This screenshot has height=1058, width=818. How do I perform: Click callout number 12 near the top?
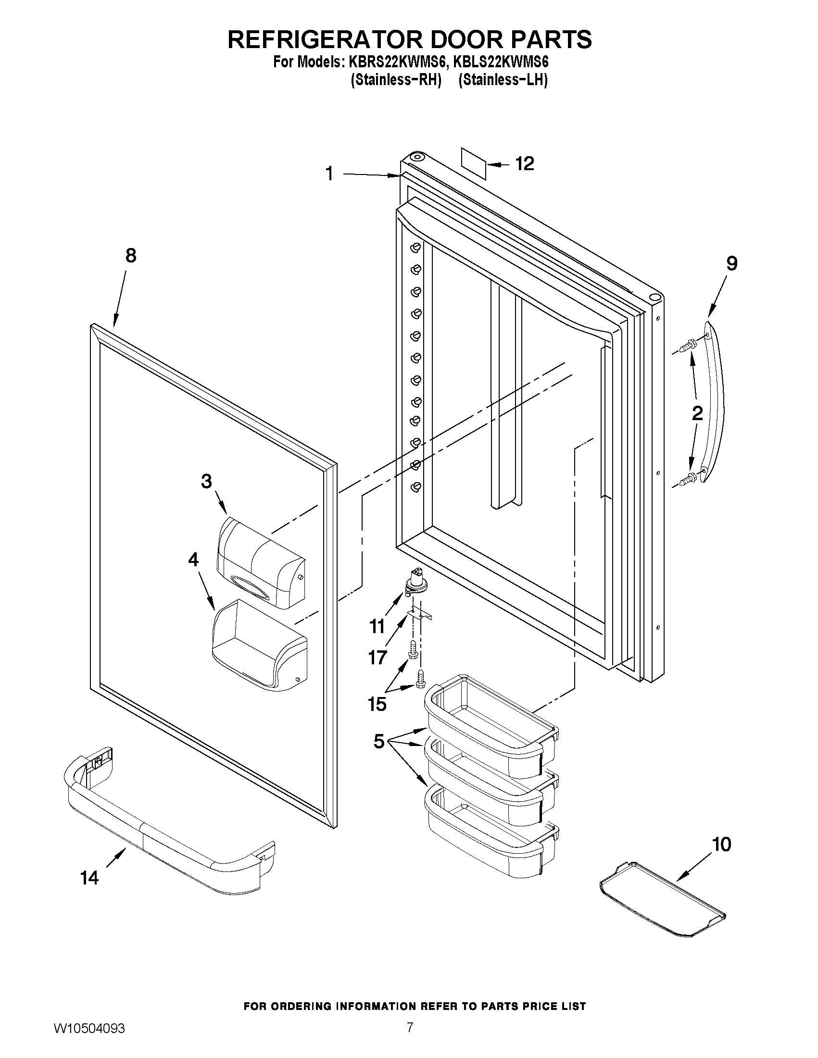pos(524,164)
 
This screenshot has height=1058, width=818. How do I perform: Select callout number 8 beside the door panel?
pos(131,255)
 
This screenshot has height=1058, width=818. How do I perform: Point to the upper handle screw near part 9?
pos(687,346)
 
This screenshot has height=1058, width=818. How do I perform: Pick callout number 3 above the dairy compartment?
pos(206,481)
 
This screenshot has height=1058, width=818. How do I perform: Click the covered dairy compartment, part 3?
pos(261,564)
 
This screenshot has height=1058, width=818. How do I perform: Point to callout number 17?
pos(378,658)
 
